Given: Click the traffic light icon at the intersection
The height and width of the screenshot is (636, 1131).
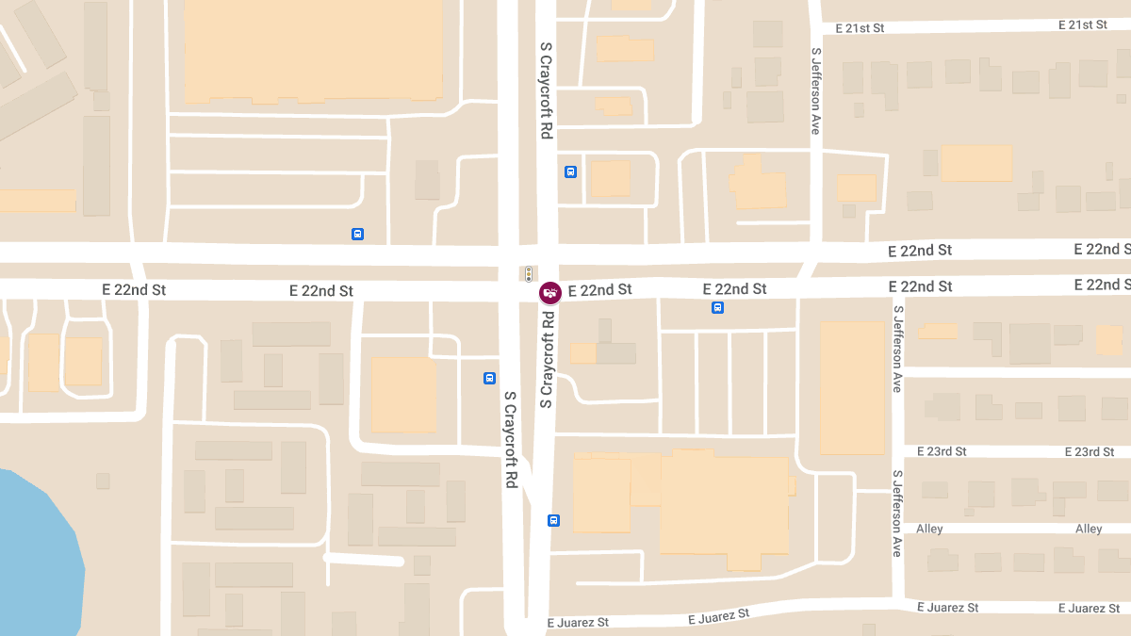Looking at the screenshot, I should (x=529, y=274).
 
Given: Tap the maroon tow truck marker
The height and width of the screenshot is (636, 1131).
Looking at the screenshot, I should (x=549, y=293).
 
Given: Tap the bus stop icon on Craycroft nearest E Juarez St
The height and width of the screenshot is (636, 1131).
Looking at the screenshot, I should (x=553, y=520).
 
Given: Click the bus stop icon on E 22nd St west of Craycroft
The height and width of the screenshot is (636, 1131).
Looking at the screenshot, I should (x=357, y=234).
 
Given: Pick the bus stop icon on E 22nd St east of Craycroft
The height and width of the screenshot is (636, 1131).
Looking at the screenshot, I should (x=717, y=307).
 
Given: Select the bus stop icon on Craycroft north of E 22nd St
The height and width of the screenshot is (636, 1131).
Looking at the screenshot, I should (x=570, y=171).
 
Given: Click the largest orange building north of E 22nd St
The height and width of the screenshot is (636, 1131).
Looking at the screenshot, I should (x=313, y=49).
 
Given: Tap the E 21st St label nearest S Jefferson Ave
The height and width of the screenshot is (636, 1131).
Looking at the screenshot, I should (x=852, y=28).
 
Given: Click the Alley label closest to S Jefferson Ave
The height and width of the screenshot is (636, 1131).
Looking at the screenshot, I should (x=929, y=529).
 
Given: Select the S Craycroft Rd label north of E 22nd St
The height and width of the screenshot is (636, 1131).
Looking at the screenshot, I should (x=546, y=91).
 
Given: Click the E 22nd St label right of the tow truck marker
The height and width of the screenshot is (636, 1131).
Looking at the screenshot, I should (x=599, y=290).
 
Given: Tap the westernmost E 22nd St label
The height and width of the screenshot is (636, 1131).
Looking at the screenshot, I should (x=134, y=290).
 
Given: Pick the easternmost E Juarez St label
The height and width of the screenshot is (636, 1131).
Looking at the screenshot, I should (x=1089, y=608).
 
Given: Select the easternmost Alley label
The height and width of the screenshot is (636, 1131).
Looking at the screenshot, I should (x=1089, y=529).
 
